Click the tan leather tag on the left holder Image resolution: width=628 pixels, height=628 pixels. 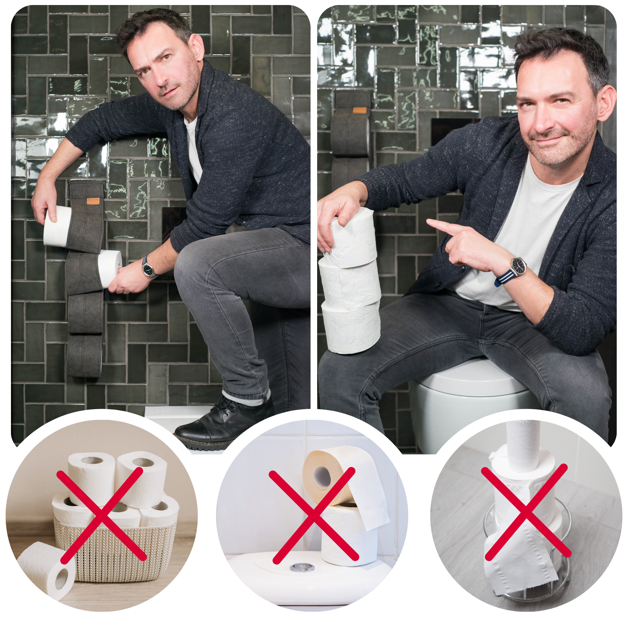93,201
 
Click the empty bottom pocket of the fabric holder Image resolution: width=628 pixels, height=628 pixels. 84,356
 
